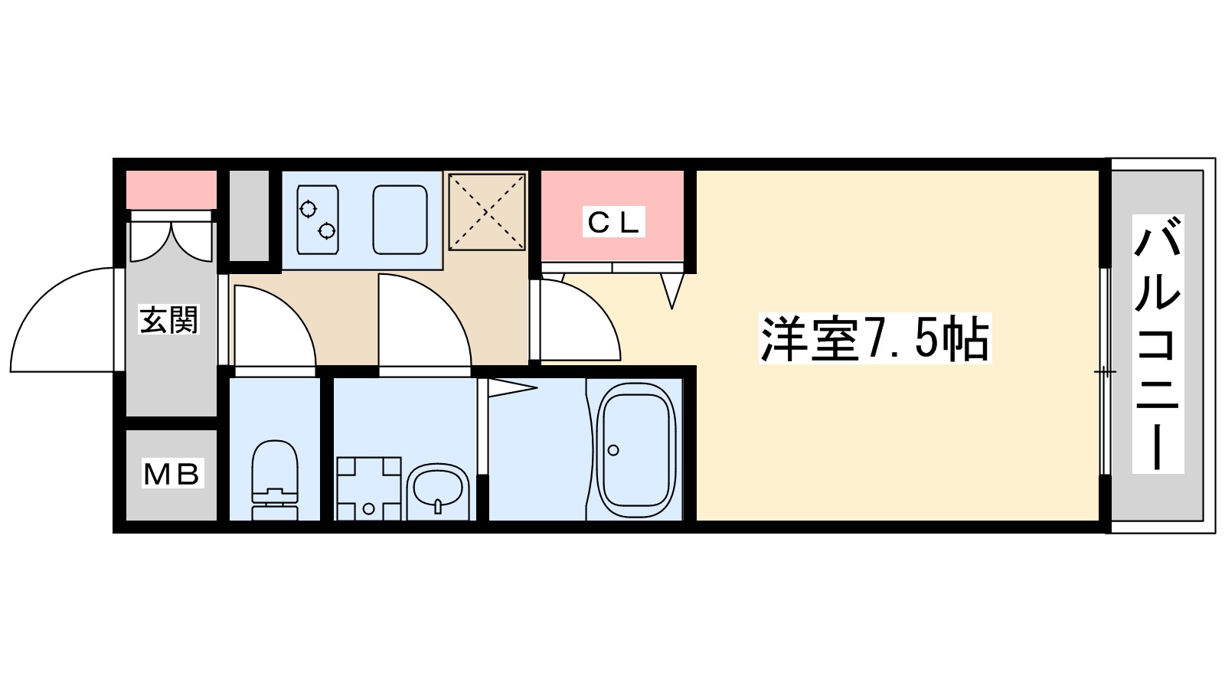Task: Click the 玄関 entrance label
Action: coord(168,319)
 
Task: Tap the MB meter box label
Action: coord(171,475)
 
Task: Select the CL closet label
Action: coord(612,222)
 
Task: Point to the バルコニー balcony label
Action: coord(1157,344)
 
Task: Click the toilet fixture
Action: coord(274,478)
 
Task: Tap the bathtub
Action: coord(635,449)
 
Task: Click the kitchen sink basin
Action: coord(400,220)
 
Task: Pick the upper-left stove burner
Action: coord(309,207)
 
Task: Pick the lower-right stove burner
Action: coord(327,230)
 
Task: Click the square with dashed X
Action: coord(487,212)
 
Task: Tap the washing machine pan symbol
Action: coord(368,488)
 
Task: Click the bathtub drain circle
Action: coord(612,450)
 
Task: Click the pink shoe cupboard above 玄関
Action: coord(171,190)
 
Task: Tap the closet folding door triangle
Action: coord(672,289)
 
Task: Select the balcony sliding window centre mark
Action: coord(1104,372)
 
